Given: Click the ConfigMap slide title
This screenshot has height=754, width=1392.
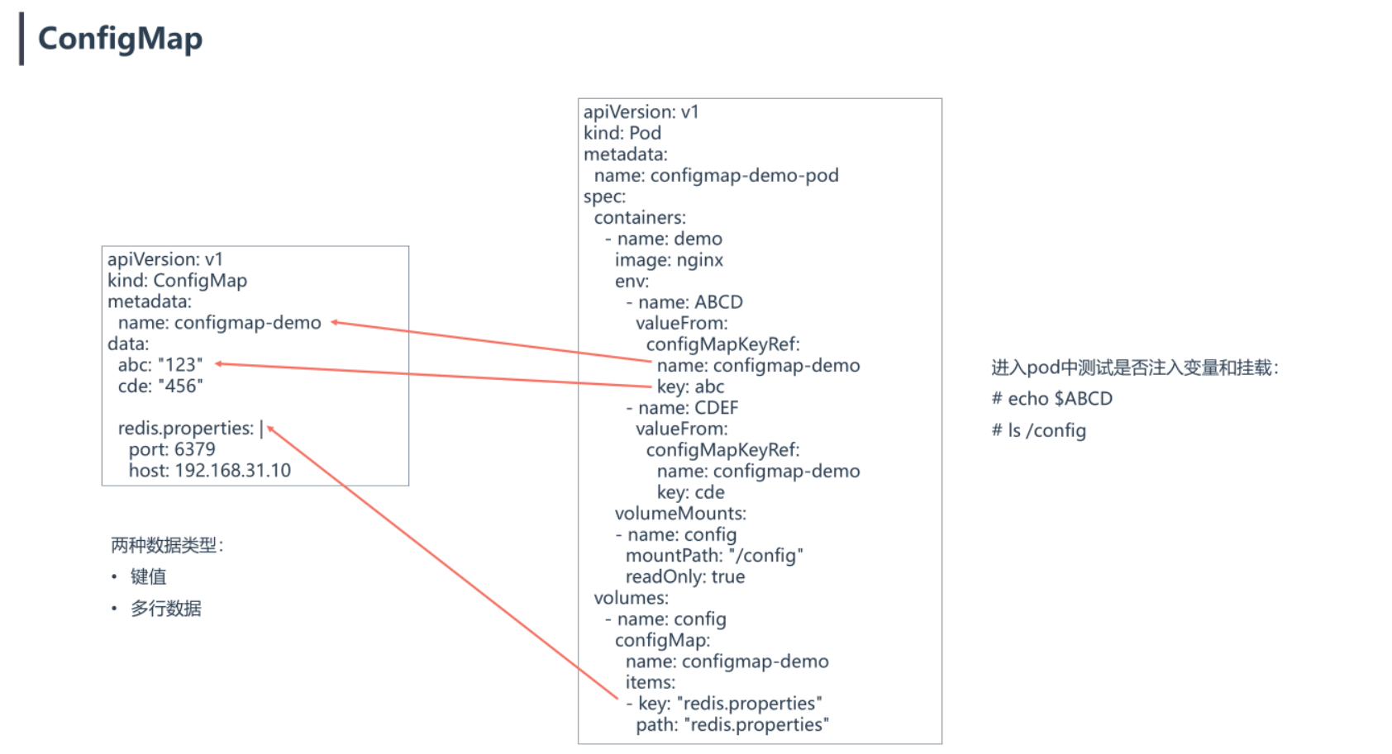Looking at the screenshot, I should pos(120,39).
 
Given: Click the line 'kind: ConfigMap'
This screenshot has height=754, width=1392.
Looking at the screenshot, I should pos(177,281).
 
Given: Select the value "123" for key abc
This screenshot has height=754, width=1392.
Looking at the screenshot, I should pos(180,365).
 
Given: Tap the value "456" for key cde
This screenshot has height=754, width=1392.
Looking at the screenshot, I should pos(180,386).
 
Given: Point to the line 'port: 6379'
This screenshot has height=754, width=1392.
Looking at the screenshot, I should pos(172,449).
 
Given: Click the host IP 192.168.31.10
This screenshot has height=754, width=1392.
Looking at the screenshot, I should pos(233,471).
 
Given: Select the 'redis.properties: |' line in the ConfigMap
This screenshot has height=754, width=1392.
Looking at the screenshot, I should pos(190,429).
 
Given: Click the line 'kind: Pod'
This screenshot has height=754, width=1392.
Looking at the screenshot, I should pos(622,133).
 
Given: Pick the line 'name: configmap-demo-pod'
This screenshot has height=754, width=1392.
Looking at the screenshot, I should pos(716,175).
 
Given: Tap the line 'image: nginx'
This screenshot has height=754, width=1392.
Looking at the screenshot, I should pos(669,260).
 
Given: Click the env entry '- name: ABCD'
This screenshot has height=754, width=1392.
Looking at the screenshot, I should pos(684,302).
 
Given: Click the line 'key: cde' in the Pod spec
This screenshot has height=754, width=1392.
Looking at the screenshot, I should pos(690,492).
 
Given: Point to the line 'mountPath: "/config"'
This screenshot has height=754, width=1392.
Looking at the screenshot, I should pos(714,556).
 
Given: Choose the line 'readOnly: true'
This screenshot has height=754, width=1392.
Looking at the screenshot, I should pos(685,576).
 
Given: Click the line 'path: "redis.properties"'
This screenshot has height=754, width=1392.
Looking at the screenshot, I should pos(732,724).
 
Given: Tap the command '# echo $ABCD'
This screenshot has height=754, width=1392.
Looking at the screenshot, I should pos(1051,399).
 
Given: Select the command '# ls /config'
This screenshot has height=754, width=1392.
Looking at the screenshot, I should pos(1038,430).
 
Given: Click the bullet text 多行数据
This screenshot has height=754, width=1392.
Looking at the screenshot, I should pos(165,609).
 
